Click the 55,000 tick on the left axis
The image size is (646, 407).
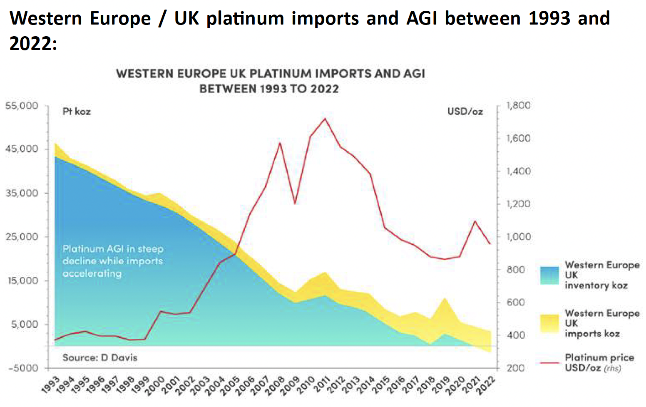[22, 106]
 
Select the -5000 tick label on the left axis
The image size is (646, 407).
[23, 368]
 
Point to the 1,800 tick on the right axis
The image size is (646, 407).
[518, 106]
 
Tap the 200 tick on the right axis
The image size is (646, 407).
[516, 368]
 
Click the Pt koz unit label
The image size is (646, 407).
[77, 112]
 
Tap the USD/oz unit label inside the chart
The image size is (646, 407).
[465, 112]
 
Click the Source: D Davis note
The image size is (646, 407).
[99, 357]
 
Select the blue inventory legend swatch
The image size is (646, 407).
[549, 275]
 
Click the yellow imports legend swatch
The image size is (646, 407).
[549, 323]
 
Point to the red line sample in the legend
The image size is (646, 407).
[549, 363]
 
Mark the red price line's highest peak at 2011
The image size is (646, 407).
[325, 119]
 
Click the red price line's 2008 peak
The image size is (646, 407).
[280, 143]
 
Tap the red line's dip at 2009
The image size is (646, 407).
[295, 204]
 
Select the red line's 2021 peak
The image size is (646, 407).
[475, 221]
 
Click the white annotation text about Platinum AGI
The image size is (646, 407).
[113, 261]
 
